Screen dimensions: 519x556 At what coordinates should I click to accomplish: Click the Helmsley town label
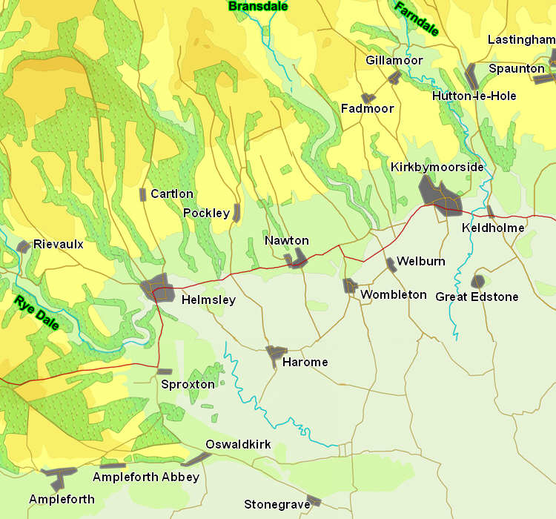click(x=208, y=300)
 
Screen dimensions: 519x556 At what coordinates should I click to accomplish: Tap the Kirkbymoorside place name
click(x=437, y=168)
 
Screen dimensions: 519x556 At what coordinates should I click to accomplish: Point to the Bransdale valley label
click(x=258, y=7)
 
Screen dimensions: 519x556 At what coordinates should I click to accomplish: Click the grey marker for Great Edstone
click(x=478, y=282)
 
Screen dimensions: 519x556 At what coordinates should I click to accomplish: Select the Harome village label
click(x=305, y=363)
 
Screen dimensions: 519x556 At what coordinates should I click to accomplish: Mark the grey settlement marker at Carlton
click(x=143, y=194)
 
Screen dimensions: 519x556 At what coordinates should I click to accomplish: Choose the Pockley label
click(x=206, y=214)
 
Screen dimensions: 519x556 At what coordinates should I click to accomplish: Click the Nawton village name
click(x=286, y=241)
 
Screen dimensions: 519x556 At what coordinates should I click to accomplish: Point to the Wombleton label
click(x=394, y=295)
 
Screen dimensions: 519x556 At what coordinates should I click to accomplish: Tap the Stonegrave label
click(x=277, y=505)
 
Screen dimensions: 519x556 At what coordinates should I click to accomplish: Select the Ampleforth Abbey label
click(x=145, y=477)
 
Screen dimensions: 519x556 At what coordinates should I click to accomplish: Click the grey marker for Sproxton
click(x=165, y=371)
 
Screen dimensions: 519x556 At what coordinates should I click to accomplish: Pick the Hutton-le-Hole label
click(x=474, y=96)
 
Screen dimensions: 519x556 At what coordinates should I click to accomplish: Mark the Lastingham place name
click(x=521, y=40)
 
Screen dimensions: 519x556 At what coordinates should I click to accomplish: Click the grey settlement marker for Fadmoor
click(x=368, y=98)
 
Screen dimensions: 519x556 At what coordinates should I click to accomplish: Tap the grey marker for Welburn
click(x=391, y=265)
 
